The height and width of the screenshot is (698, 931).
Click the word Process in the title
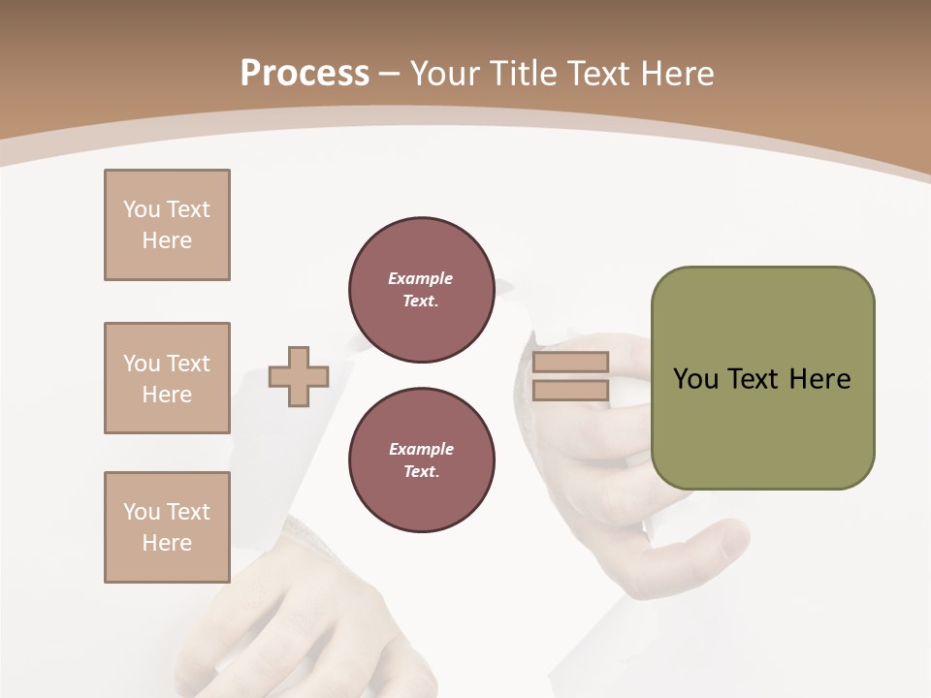tap(305, 74)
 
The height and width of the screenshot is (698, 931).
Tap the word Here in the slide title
tap(675, 74)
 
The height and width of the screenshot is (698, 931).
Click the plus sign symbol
tap(299, 377)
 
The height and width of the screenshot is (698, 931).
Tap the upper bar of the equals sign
tap(570, 363)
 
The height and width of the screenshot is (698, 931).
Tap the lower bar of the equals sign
tap(570, 390)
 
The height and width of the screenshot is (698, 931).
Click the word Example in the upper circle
tap(421, 278)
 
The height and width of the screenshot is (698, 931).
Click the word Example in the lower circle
tap(421, 449)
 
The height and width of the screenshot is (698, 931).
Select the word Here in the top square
tap(167, 240)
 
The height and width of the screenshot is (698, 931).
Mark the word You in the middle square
tap(141, 364)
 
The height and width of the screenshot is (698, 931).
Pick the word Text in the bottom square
tap(187, 512)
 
